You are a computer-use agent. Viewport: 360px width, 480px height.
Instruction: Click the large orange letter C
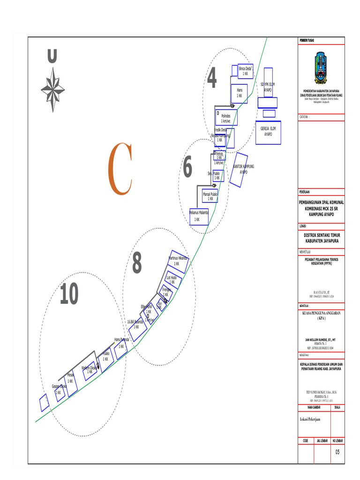pyautogui.click(x=120, y=169)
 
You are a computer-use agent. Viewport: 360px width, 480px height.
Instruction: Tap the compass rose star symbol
pyautogui.click(x=52, y=90)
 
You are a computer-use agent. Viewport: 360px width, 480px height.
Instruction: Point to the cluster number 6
pyautogui.click(x=187, y=167)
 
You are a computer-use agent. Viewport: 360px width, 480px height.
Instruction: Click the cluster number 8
pyautogui.click(x=136, y=263)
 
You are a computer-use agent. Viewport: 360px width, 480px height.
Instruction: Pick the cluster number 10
pyautogui.click(x=69, y=295)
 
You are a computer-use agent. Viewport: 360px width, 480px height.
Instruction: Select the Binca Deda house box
pyautogui.click(x=246, y=71)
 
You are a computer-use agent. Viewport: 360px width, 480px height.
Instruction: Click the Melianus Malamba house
pyautogui.click(x=199, y=216)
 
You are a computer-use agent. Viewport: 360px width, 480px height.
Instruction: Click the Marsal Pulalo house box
pyautogui.click(x=210, y=196)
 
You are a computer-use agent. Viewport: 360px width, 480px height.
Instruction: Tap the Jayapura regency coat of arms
pyautogui.click(x=321, y=69)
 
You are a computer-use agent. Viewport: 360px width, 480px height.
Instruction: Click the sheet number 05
pyautogui.click(x=337, y=452)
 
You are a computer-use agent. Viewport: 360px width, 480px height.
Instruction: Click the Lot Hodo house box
pyautogui.click(x=172, y=280)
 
